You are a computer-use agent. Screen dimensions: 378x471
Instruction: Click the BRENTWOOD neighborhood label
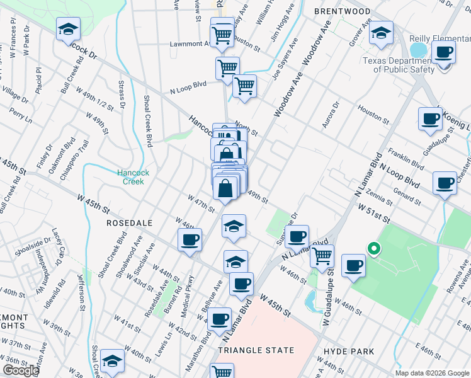[x=344, y=11]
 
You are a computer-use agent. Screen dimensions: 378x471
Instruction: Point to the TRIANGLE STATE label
[x=256, y=350]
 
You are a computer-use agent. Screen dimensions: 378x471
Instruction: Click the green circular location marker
[x=373, y=249]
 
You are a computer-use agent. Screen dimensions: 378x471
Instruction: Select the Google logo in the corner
[x=21, y=370]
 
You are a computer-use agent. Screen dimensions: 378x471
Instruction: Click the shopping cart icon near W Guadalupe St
[x=322, y=256]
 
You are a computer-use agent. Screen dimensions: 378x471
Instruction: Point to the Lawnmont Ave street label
[x=189, y=44]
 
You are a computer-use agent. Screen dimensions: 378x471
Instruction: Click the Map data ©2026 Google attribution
[x=431, y=372]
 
